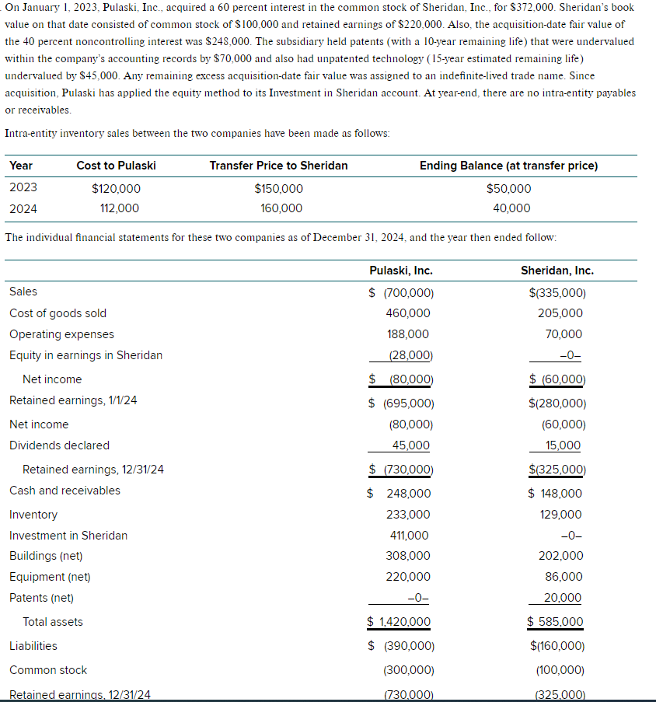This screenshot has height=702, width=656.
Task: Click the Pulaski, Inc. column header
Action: tap(400, 271)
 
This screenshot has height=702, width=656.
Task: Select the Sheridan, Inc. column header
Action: tap(557, 271)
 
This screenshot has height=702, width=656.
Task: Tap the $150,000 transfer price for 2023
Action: tap(278, 189)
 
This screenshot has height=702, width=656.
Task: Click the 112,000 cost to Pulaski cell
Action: tap(120, 208)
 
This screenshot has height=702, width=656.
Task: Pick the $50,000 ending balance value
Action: tap(508, 189)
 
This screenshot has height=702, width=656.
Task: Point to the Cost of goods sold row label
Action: tap(58, 313)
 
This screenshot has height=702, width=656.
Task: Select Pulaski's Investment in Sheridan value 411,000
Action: tap(407, 536)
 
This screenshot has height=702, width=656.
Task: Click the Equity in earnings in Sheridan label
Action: tap(85, 355)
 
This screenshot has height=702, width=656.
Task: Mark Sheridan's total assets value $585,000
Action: tap(555, 622)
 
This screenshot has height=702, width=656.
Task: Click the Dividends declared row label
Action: tap(59, 445)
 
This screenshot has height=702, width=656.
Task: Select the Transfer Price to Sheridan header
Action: tap(278, 166)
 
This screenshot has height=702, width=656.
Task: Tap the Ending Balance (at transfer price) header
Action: tap(508, 166)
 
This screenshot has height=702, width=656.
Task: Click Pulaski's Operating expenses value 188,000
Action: tap(407, 334)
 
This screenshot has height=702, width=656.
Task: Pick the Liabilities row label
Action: tap(33, 646)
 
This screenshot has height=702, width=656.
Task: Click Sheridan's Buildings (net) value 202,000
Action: tap(560, 556)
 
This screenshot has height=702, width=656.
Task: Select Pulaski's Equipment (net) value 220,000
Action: tap(407, 577)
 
